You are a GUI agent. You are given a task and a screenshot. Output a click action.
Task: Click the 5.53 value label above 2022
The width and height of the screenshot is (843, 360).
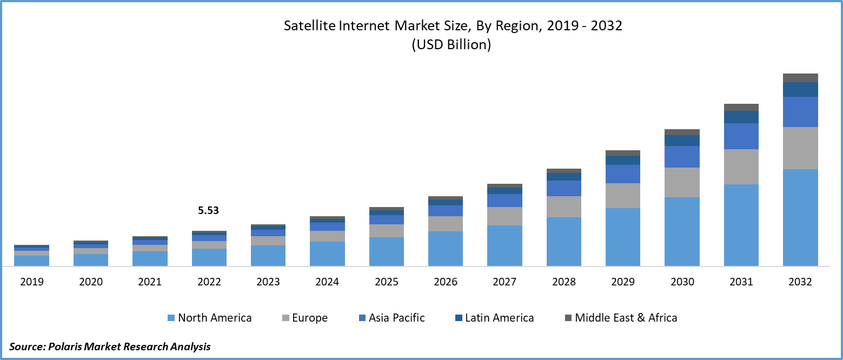[208, 211]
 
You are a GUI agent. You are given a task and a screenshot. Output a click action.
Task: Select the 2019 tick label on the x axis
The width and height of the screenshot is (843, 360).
[31, 282]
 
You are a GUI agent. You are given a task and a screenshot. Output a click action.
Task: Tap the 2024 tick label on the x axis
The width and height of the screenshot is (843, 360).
[327, 282]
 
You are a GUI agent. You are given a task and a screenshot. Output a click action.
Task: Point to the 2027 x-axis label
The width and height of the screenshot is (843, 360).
[505, 282]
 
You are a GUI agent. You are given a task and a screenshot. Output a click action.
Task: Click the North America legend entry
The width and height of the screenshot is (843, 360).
[209, 318]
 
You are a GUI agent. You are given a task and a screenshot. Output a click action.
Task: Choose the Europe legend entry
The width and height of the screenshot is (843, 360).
[304, 318]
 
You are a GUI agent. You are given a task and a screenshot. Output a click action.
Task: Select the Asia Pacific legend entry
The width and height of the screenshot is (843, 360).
[391, 318]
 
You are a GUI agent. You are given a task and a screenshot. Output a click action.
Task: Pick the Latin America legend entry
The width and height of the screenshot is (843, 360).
[494, 318]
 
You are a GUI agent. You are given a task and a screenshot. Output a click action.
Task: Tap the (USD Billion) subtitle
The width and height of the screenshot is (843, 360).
[451, 45]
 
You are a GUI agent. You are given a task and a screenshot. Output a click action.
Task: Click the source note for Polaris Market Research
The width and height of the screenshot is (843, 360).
[110, 346]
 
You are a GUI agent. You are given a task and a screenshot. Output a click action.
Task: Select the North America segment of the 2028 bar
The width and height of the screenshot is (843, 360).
[563, 242]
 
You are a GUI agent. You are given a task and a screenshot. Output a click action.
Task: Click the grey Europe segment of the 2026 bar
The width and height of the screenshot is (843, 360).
[446, 224]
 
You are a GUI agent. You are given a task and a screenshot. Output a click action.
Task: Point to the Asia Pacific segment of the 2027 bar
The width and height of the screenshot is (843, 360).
[505, 201]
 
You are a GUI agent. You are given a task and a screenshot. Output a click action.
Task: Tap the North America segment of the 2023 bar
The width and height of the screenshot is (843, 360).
[268, 256]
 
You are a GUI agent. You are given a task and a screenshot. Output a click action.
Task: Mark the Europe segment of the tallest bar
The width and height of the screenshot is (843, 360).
[800, 148]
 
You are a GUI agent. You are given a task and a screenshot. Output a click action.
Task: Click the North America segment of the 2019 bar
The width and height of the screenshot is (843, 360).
[31, 261]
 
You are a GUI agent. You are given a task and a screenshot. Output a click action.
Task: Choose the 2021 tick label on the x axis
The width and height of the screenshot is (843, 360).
[150, 282]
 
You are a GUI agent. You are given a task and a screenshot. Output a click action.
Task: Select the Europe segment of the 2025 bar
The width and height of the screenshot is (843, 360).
[386, 231]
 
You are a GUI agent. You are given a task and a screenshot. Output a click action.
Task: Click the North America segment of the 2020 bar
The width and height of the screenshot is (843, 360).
[91, 260]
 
